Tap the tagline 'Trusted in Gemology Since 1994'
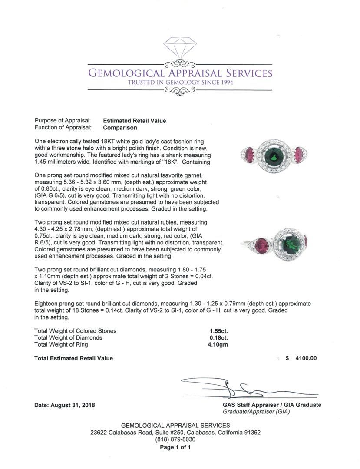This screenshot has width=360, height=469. click(x=180, y=83)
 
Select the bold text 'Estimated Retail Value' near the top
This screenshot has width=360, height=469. click(x=135, y=121)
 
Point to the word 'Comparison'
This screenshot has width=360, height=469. click(x=120, y=128)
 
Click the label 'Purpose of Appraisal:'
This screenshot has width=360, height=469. click(x=63, y=121)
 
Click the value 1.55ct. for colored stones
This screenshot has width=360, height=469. click(x=218, y=331)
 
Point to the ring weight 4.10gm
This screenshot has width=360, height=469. click(x=218, y=345)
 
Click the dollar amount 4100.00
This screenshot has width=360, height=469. click(x=306, y=358)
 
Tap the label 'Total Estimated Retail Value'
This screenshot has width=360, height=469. click(x=74, y=358)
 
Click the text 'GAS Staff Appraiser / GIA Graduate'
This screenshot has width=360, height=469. click(x=272, y=405)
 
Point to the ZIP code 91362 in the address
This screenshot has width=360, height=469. click(x=252, y=433)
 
